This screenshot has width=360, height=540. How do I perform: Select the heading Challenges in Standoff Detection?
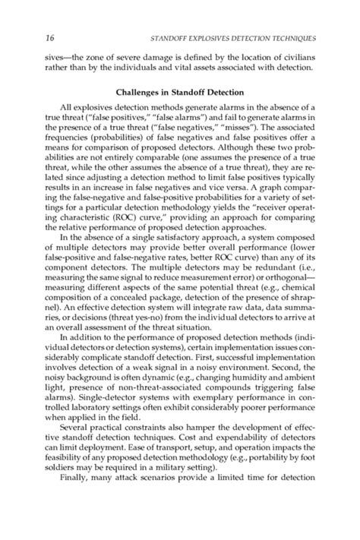pyautogui.click(x=180, y=92)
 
